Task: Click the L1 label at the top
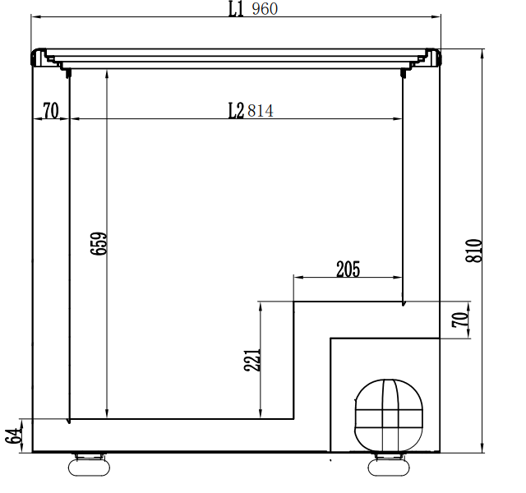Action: coord(236,9)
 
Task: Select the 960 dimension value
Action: coord(265,9)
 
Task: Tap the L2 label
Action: coord(236,111)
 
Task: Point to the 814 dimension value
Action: coord(261,111)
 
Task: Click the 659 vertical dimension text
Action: coord(99,243)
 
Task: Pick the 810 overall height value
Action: coord(474,251)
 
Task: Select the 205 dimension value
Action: coord(348,270)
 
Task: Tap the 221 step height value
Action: coord(252,360)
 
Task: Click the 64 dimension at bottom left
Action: coord(13,436)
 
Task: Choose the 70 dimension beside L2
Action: coord(51,111)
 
